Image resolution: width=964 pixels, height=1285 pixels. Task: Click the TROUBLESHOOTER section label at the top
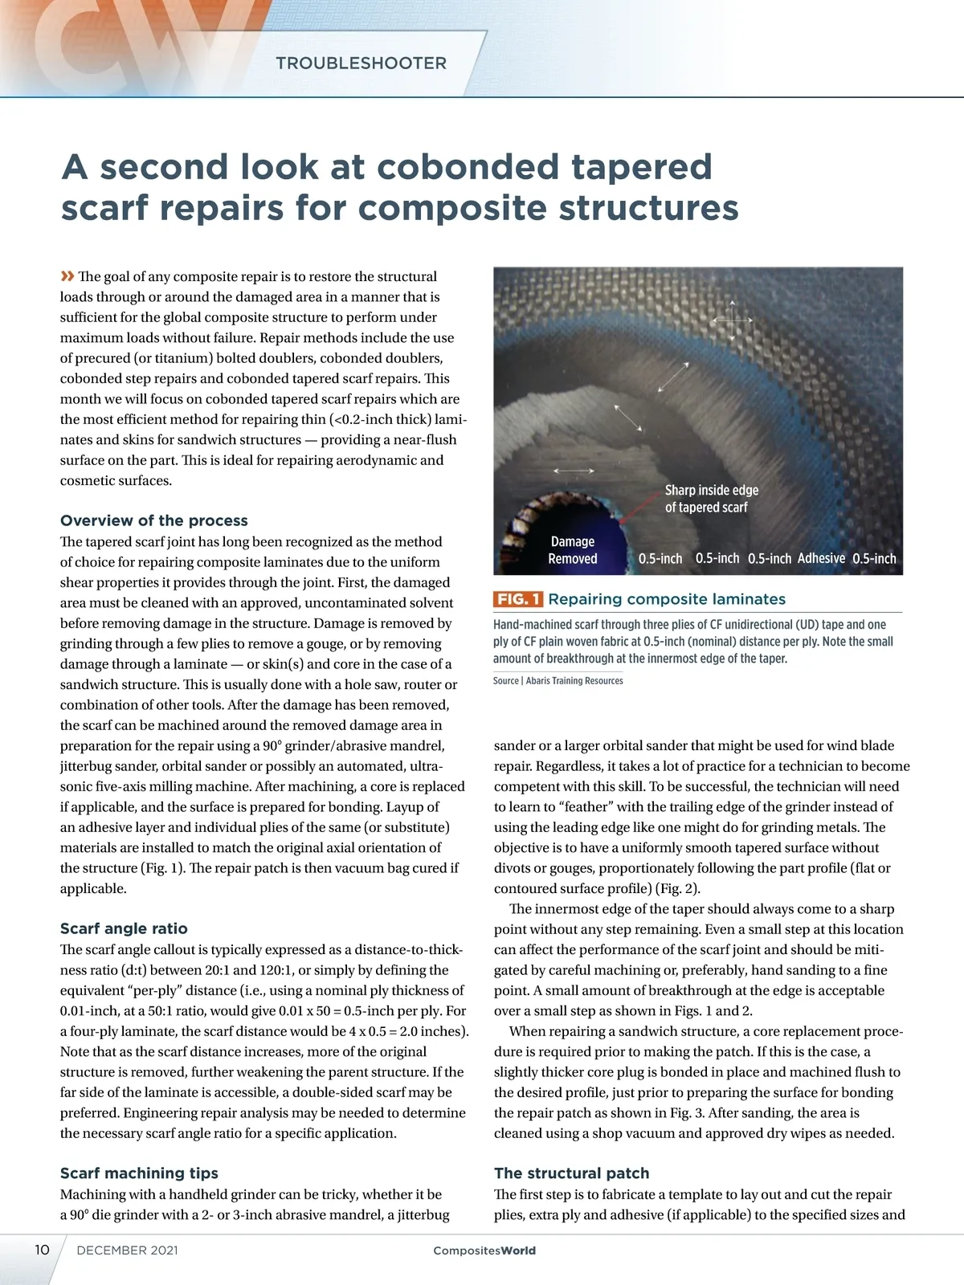(x=361, y=63)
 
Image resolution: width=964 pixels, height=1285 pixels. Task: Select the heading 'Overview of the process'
(x=154, y=520)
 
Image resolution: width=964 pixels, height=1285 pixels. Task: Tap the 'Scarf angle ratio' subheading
(x=124, y=928)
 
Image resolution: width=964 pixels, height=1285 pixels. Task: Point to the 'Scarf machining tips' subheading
(x=139, y=1173)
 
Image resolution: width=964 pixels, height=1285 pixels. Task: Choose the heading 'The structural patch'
(x=571, y=1173)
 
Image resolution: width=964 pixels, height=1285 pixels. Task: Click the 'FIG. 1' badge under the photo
(x=518, y=599)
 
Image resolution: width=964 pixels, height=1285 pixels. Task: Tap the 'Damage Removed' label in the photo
(x=573, y=550)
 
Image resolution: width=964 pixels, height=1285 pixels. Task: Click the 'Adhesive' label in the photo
(x=821, y=558)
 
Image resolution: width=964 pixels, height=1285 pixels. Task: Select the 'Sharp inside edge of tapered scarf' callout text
(x=711, y=499)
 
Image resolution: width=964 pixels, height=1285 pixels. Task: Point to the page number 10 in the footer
(x=42, y=1250)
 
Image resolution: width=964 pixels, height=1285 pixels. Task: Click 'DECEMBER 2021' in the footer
(x=127, y=1250)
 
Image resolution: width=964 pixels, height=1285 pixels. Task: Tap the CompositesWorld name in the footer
(x=484, y=1250)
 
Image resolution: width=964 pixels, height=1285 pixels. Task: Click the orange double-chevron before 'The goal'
(x=67, y=276)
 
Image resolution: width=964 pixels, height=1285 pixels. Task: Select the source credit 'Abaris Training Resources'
(x=574, y=681)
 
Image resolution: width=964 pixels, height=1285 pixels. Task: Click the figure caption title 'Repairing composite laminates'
(x=667, y=599)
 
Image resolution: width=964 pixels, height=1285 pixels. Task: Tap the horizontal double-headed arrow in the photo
(x=574, y=470)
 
